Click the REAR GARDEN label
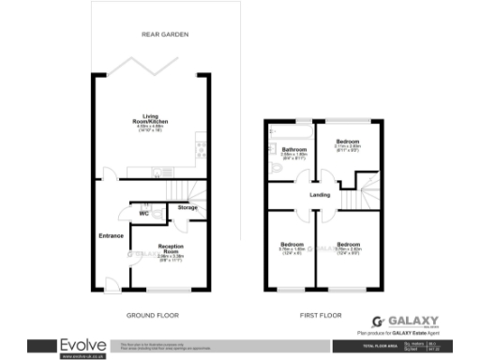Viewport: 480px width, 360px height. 165,34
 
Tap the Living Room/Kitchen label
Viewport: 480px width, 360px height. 150,120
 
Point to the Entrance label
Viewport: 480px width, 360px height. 112,235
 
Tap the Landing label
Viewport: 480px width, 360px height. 320,194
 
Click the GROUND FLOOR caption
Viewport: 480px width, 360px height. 152,315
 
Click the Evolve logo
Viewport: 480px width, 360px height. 82,345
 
